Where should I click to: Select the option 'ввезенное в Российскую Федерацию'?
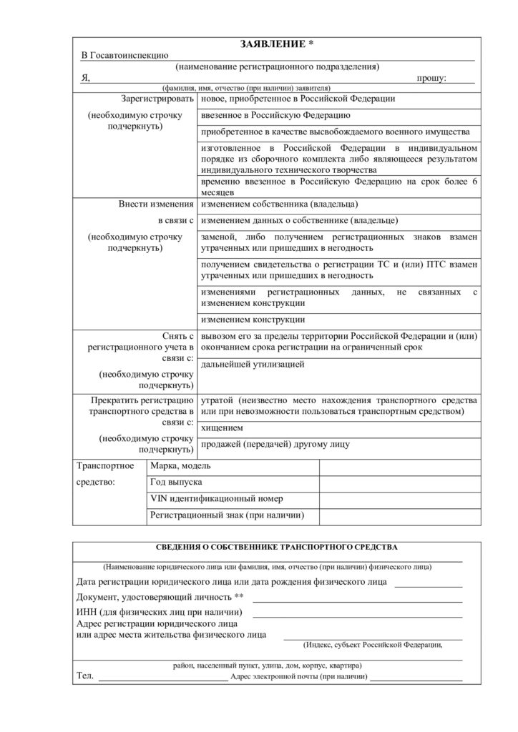coord(275,115)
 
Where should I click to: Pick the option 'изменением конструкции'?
coord(253,320)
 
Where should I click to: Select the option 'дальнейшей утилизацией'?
coord(253,365)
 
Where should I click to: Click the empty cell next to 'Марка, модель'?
coord(399,466)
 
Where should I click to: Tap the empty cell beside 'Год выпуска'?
coord(399,483)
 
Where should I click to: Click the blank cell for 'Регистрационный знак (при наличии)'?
coord(399,515)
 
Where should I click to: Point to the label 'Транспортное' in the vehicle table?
coord(106,466)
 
